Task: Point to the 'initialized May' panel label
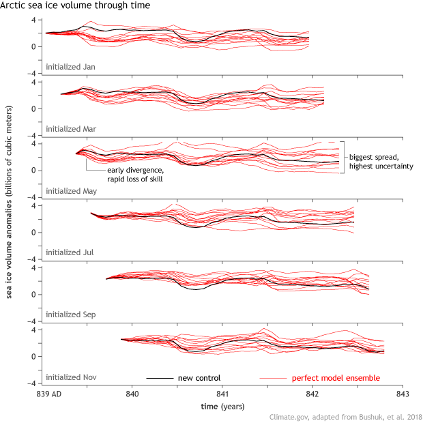[x=70, y=191]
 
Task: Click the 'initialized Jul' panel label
[x=69, y=252]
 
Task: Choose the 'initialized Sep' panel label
[x=70, y=315]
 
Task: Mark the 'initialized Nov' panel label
[x=70, y=377]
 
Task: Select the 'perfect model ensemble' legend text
[x=336, y=378]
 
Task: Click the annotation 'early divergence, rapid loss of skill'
[x=135, y=175]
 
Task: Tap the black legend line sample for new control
[x=158, y=378]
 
